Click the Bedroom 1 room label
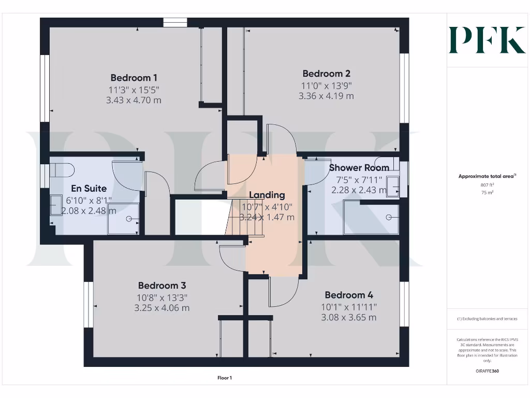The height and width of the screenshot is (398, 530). pyautogui.click(x=134, y=78)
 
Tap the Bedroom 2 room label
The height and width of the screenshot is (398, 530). pyautogui.click(x=326, y=74)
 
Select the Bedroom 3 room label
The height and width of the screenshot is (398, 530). pyautogui.click(x=161, y=286)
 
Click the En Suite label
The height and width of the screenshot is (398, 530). pyautogui.click(x=89, y=189)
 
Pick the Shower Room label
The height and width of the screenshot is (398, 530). pyautogui.click(x=359, y=168)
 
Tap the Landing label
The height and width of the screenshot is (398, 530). pyautogui.click(x=267, y=195)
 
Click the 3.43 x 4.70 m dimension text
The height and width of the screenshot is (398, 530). pyautogui.click(x=134, y=100)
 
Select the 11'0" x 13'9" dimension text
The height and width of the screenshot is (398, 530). pyautogui.click(x=326, y=85)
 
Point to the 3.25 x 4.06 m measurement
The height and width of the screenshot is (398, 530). pyautogui.click(x=161, y=308)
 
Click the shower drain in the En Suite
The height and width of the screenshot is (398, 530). pyautogui.click(x=127, y=218)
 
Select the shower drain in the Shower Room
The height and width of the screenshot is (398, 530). pyautogui.click(x=388, y=218)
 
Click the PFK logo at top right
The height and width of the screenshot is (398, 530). pyautogui.click(x=487, y=40)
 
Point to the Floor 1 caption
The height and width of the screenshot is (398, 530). pyautogui.click(x=225, y=378)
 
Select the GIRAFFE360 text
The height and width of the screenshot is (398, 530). pyautogui.click(x=487, y=371)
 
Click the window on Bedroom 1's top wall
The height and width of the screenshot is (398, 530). pyautogui.click(x=175, y=22)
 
